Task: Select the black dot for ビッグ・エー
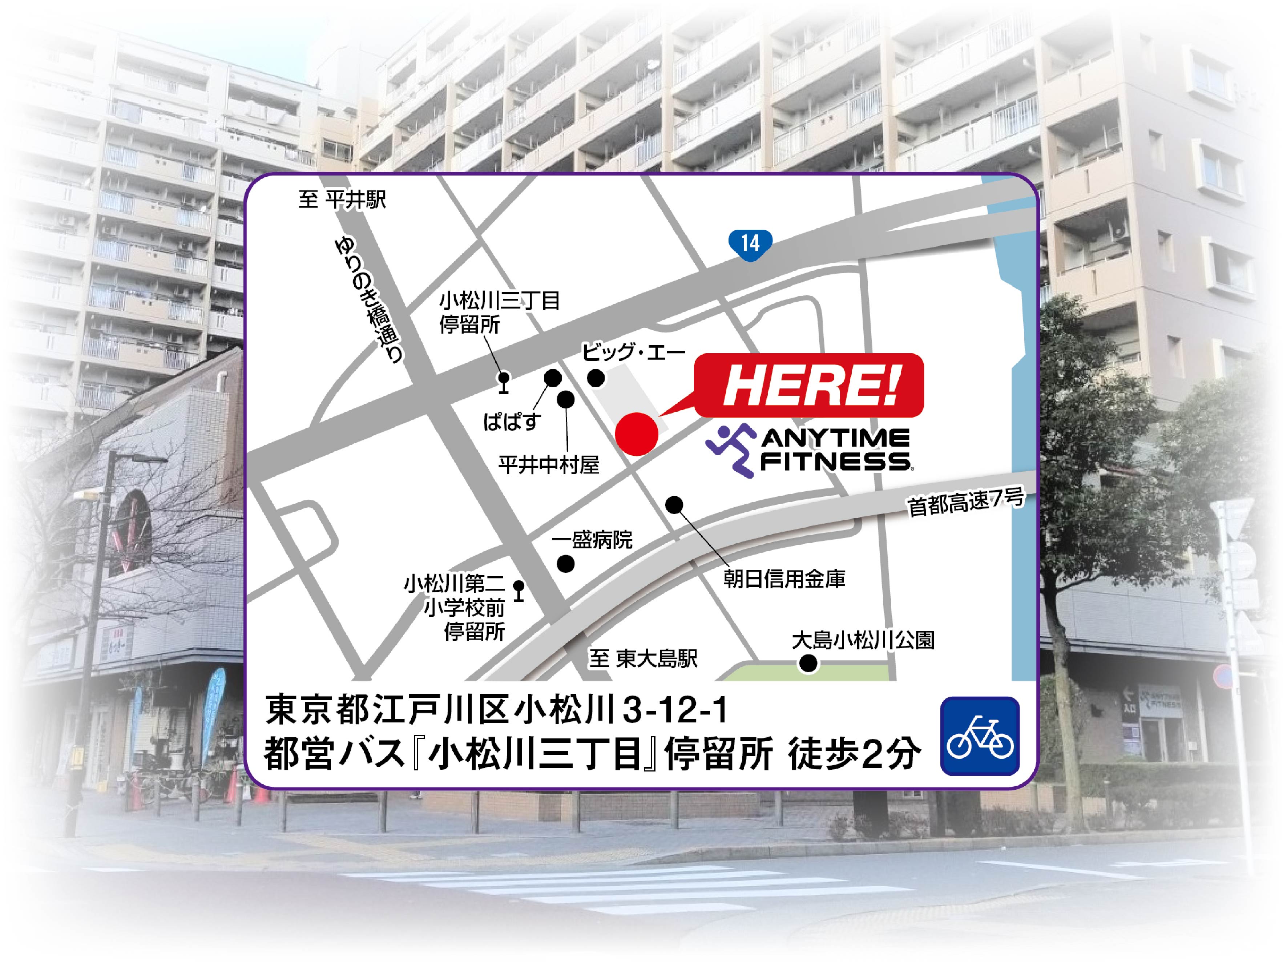[x=596, y=379]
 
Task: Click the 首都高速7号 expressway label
[x=966, y=502]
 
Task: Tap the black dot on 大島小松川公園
[x=808, y=663]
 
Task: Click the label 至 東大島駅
[x=643, y=659]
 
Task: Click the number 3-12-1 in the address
[x=674, y=712]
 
